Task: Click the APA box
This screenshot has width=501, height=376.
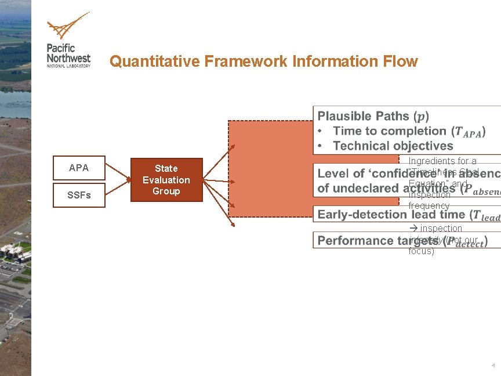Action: click(79, 168)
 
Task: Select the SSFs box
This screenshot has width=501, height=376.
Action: click(79, 196)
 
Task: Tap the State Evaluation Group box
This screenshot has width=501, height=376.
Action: click(166, 180)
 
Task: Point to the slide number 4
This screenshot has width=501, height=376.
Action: click(493, 366)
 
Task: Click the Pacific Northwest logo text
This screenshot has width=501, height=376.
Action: click(68, 53)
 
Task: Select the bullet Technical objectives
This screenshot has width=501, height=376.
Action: click(393, 146)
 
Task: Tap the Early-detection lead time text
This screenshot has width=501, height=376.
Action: click(394, 215)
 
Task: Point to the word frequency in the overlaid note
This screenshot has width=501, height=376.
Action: click(429, 206)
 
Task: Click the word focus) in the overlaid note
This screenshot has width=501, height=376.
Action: click(422, 251)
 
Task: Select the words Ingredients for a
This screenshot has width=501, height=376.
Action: click(442, 161)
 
